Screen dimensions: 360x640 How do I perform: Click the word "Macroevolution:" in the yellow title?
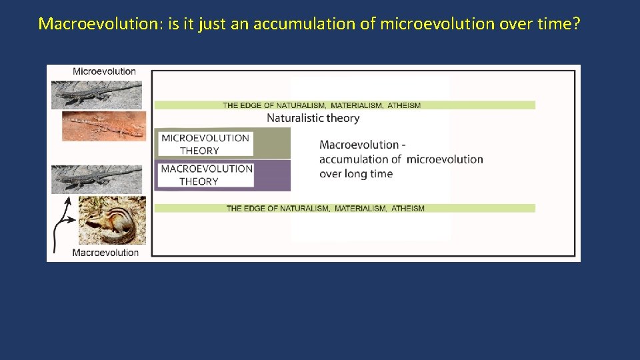85,24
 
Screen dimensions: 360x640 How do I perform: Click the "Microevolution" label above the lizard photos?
104,71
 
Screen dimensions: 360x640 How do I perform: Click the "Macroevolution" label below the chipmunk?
105,253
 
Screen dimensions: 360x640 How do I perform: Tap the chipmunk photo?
112,220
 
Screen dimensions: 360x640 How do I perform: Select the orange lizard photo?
103,125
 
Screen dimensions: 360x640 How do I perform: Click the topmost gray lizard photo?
97,95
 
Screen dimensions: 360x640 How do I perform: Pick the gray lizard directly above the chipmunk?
97,179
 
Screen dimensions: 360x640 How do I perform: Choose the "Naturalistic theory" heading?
313,118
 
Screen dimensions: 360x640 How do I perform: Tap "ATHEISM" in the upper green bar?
404,105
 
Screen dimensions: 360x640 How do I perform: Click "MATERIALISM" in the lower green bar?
361,209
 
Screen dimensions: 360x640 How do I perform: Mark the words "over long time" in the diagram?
356,174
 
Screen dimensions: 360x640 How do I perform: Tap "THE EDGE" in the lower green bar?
243,209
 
